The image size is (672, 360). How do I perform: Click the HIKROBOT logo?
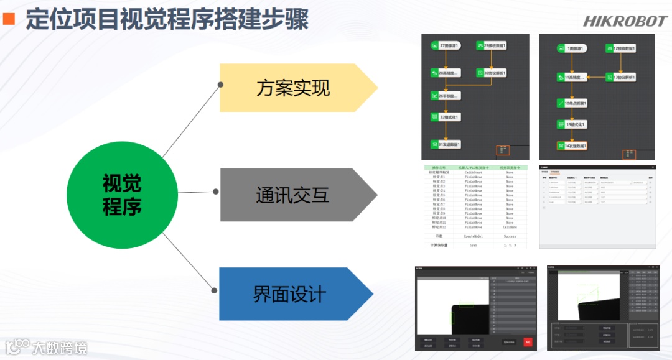[x=624, y=21]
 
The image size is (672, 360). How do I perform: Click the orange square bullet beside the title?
[x=9, y=19]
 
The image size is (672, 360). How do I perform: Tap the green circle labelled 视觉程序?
[x=122, y=195]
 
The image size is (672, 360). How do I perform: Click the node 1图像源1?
[x=571, y=48]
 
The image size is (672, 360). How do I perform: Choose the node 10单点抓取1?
[x=572, y=103]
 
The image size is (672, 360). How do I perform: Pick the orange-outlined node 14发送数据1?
[x=572, y=146]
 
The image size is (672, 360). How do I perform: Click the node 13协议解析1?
[x=620, y=77]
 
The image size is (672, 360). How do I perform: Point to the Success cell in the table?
[x=510, y=236]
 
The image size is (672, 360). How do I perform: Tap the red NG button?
[x=528, y=341]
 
